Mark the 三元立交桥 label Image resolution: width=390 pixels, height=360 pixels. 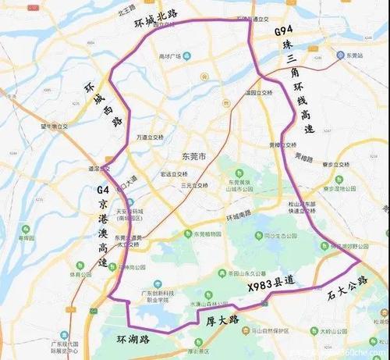click(194, 185)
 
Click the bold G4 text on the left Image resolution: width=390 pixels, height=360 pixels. click(102, 188)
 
